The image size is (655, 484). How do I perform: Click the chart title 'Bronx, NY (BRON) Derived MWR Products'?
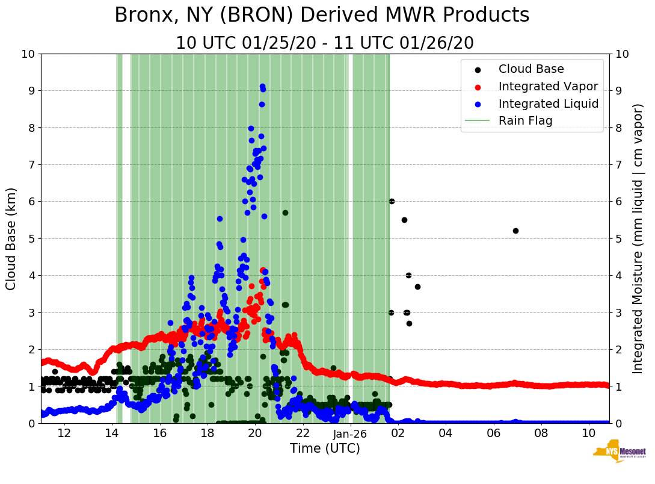tap(322, 16)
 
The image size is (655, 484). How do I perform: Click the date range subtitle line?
tap(325, 43)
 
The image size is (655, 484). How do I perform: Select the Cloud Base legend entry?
tap(531, 69)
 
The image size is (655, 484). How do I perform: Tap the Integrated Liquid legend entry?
tap(549, 104)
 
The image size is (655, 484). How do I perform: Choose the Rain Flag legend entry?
tap(525, 120)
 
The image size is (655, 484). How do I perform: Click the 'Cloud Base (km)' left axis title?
tap(11, 238)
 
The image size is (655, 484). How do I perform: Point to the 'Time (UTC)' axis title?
tap(325, 448)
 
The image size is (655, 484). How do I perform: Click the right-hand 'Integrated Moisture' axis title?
tap(638, 238)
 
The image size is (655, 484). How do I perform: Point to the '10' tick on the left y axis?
tap(27, 54)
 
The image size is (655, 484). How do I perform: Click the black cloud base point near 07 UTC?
tap(515, 231)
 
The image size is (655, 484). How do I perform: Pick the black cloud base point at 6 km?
tap(392, 201)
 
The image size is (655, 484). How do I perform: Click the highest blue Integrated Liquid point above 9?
tap(262, 87)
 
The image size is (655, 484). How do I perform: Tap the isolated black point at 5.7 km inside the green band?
tap(285, 213)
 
